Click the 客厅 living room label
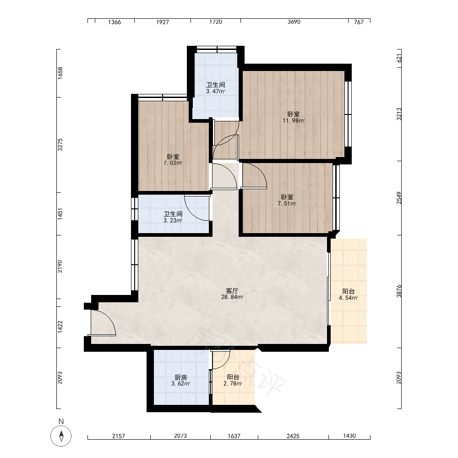tap(232, 291)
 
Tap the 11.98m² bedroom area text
tap(294, 120)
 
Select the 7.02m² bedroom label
tap(173, 163)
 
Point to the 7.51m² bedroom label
tap(287, 204)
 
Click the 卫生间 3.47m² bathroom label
tap(216, 88)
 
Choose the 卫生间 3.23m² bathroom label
tap(173, 217)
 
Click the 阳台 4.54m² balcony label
tap(348, 294)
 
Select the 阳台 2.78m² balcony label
tap(233, 380)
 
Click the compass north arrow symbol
tap(61, 436)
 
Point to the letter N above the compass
tap(61, 421)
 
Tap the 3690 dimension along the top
tap(294, 22)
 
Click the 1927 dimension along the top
tap(163, 22)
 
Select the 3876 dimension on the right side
tap(399, 291)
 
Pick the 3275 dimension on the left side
tap(60, 145)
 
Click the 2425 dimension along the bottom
tap(293, 436)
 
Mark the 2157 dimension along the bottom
tap(119, 436)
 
